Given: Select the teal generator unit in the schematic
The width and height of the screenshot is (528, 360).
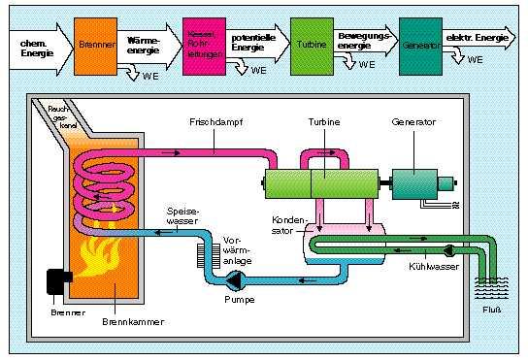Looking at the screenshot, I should click(416, 182).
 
